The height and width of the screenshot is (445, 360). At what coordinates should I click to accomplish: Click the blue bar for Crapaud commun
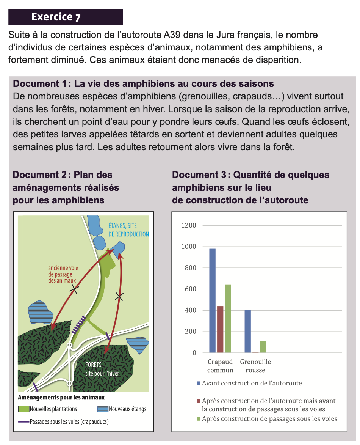tap(212, 300)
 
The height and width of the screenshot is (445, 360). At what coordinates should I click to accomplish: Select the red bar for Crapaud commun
tap(220, 329)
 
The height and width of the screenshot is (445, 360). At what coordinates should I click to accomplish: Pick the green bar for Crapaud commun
tap(228, 318)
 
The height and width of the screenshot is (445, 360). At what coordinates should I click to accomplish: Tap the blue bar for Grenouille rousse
tap(247, 331)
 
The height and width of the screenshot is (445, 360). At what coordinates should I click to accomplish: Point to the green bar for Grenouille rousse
tap(263, 347)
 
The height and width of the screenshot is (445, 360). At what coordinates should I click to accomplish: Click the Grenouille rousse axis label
tap(255, 366)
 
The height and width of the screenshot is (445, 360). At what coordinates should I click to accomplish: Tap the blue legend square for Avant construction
tap(199, 384)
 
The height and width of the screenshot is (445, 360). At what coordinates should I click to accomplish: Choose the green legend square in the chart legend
tap(199, 419)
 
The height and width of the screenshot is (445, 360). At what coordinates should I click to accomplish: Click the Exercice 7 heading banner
tap(66, 17)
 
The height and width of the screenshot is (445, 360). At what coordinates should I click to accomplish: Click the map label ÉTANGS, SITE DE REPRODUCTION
tap(128, 230)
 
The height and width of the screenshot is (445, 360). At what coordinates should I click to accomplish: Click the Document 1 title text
tap(143, 83)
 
